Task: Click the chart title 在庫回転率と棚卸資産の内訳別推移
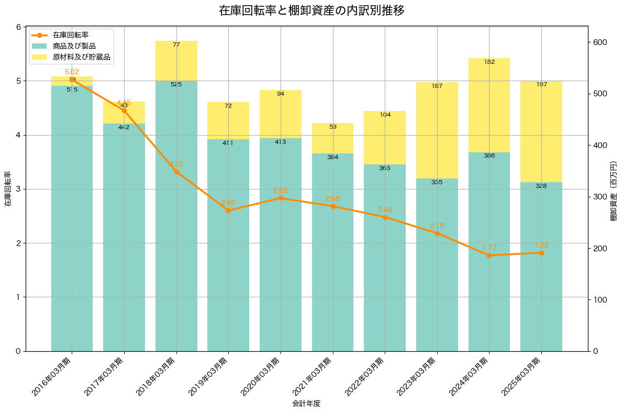coord(311,10)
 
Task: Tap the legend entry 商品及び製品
coord(74,46)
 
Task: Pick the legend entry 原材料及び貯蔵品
coord(81,57)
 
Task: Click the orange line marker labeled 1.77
coord(489,255)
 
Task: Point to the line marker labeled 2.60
coord(228,210)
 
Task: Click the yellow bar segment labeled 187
coord(437,131)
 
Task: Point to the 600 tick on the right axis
coord(600,42)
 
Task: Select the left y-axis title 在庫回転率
coord(8,189)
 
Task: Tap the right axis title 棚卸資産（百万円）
coord(614,189)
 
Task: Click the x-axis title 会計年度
coord(306,404)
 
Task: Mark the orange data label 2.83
coord(281,191)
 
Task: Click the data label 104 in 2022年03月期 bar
coord(385,115)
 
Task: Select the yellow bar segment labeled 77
coord(176,61)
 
